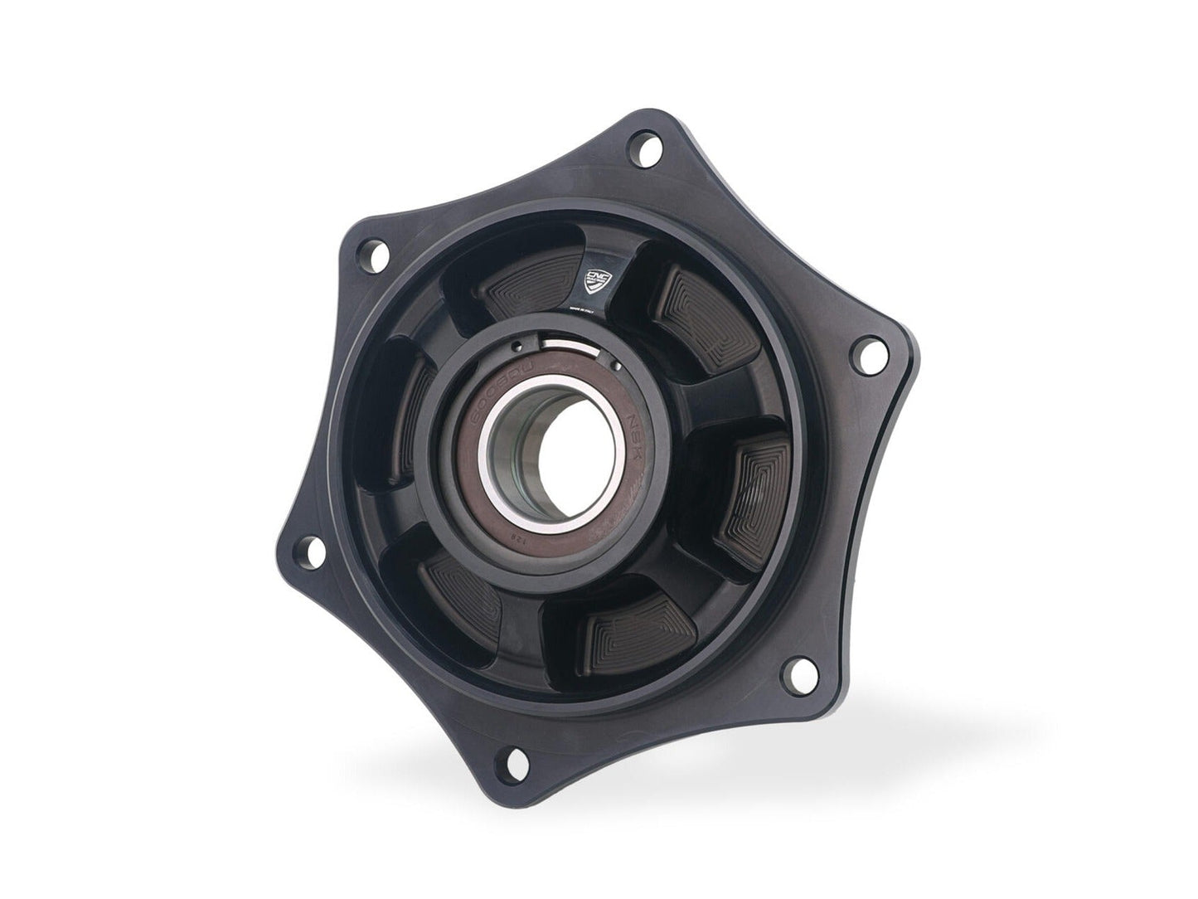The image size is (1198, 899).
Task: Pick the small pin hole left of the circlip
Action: (x=515, y=347)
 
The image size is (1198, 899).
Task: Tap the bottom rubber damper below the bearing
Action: (x=638, y=630)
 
